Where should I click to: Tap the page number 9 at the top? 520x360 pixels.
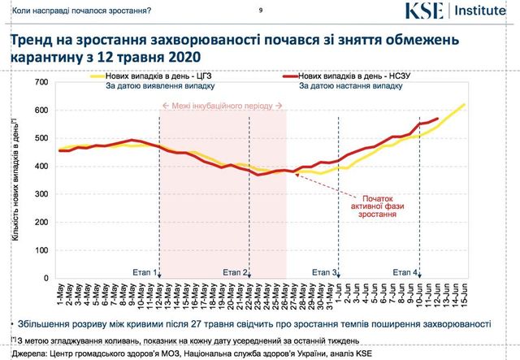[259, 10]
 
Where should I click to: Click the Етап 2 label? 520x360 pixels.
[233, 271]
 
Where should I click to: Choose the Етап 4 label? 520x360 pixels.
[405, 271]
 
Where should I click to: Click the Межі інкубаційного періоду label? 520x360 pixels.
[223, 106]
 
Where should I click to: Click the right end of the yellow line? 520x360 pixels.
[464, 105]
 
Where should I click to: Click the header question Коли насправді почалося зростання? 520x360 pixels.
[77, 11]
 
